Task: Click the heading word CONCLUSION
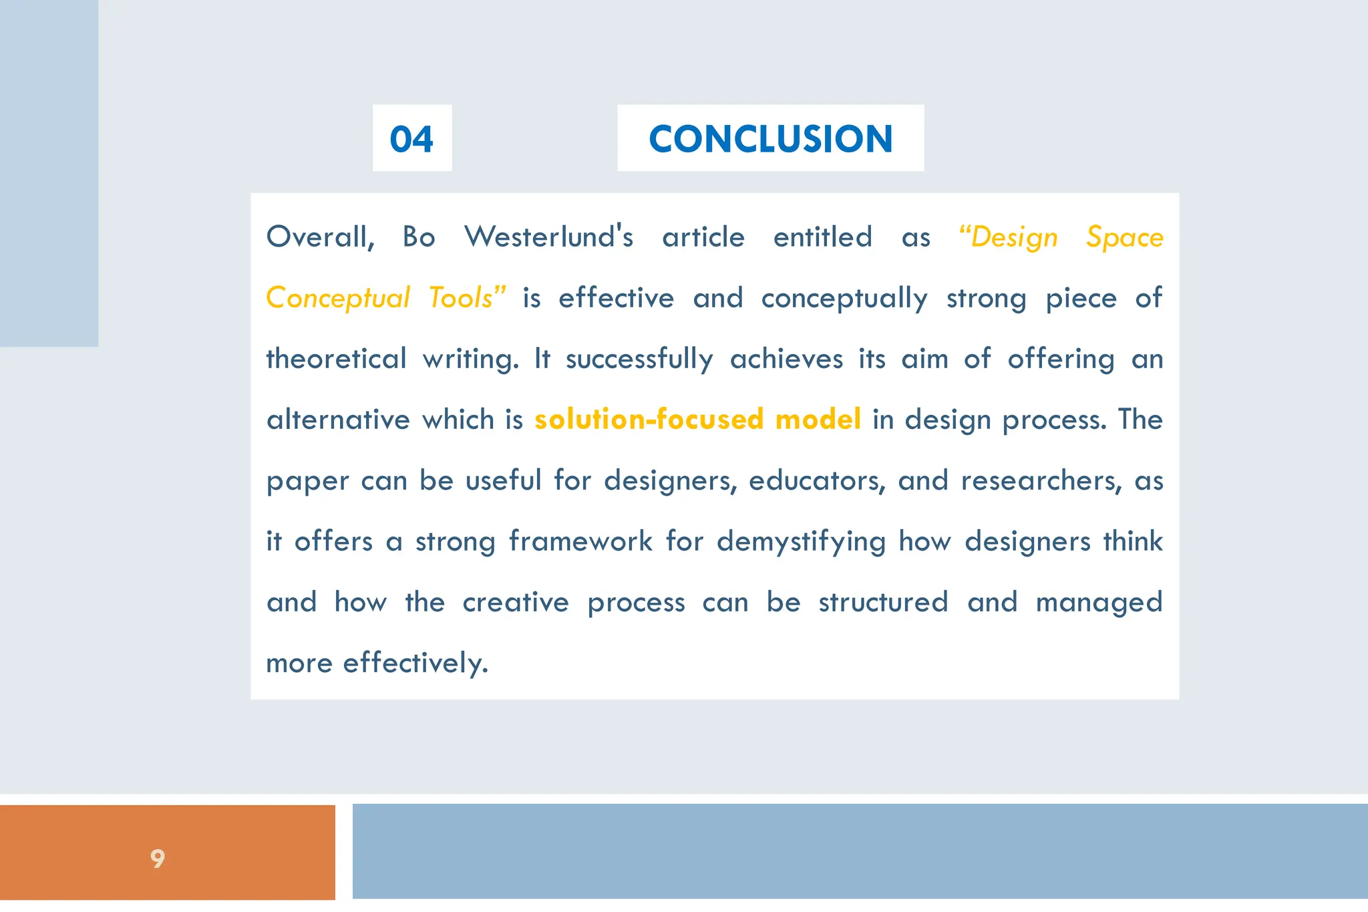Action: point(770,139)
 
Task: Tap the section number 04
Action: point(411,139)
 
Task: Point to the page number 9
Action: point(158,858)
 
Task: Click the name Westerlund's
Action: point(548,237)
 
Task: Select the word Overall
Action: point(319,237)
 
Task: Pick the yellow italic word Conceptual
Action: point(337,299)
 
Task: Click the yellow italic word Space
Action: point(1124,237)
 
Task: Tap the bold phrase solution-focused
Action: point(649,420)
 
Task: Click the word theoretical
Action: point(336,359)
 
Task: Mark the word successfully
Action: point(639,359)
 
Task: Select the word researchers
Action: point(1041,481)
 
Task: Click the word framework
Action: point(580,541)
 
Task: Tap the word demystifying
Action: point(801,541)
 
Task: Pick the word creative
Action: point(515,603)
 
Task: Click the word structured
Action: point(883,603)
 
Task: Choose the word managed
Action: point(1099,603)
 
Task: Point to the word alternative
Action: point(338,420)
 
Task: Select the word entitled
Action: point(822,237)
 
